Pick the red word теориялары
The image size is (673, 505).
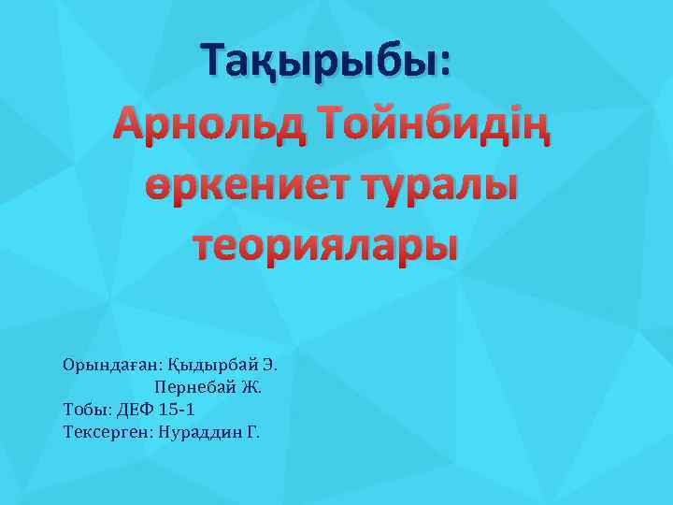[326, 245]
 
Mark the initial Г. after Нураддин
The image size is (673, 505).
[253, 432]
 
